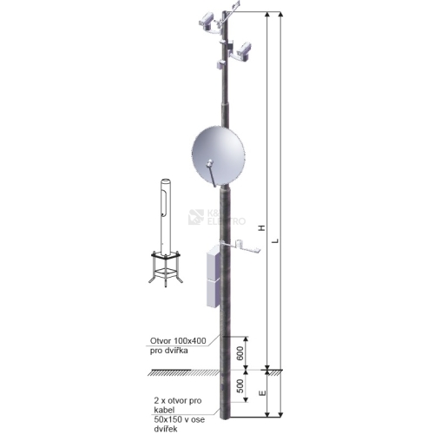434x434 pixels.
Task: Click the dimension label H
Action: (x=262, y=228)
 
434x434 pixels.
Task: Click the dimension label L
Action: (x=276, y=240)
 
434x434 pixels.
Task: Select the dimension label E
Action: (x=262, y=392)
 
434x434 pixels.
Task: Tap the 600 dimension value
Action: (x=240, y=352)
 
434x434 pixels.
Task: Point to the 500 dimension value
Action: (x=240, y=386)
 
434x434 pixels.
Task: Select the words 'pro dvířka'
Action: (x=169, y=351)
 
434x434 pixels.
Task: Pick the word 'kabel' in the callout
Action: (x=164, y=410)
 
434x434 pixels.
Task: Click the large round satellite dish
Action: (x=218, y=155)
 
